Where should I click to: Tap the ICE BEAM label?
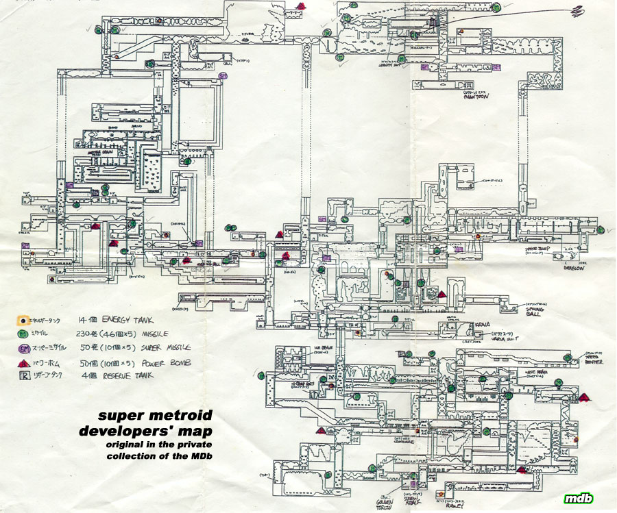point(322,347)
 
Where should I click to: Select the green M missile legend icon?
point(23,334)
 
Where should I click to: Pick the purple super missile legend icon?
point(23,347)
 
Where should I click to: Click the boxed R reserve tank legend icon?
point(23,375)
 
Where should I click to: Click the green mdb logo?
point(579,498)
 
